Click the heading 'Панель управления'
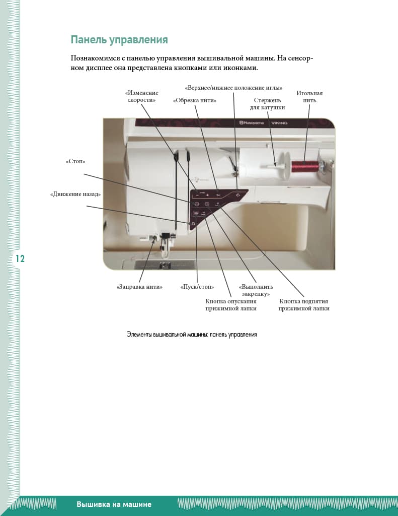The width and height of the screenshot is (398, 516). point(119,40)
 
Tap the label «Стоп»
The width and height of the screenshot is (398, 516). point(75,162)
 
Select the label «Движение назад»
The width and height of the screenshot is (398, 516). point(75,194)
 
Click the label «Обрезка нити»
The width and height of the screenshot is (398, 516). point(195,100)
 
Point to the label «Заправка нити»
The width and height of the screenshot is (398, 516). point(139,287)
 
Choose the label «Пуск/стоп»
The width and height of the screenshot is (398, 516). point(197,287)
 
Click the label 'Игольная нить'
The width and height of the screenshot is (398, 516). point(309,97)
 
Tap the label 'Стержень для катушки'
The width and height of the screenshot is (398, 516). point(268,104)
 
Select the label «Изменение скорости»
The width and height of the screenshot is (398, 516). point(142,96)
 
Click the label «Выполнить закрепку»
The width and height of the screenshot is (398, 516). point(254,290)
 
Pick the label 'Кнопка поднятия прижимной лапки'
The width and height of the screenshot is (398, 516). point(304,305)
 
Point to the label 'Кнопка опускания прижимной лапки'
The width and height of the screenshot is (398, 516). point(231,305)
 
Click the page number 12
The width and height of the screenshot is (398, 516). point(20,259)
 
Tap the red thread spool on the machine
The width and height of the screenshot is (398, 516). point(306,166)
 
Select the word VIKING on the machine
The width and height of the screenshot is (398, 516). point(279,123)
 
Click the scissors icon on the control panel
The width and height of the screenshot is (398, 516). point(218,195)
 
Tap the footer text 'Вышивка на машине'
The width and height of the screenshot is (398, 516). point(114,504)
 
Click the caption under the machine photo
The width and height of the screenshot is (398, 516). point(192,334)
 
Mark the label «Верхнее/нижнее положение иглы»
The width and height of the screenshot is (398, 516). point(233,88)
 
